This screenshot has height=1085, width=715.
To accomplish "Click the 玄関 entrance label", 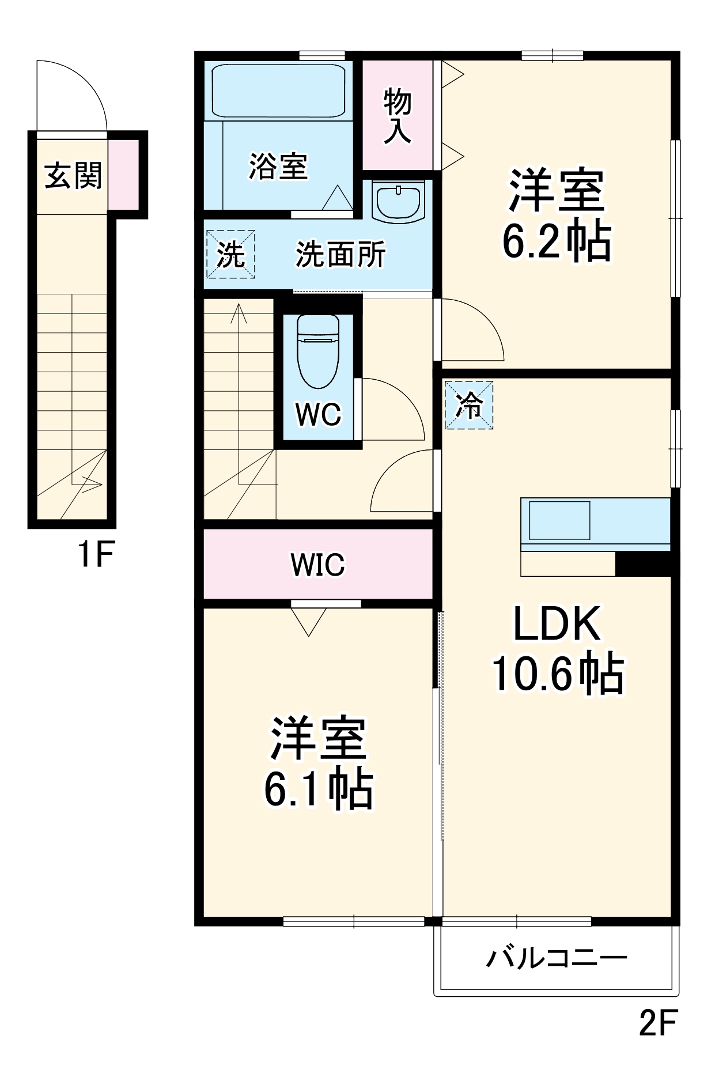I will click(x=73, y=176).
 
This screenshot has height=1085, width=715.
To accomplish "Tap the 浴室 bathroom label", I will click(x=278, y=167).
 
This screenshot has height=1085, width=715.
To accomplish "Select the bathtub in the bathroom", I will click(x=278, y=90).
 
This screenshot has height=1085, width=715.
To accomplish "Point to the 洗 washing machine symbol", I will click(x=230, y=254).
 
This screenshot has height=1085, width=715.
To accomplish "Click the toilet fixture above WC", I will click(x=318, y=351).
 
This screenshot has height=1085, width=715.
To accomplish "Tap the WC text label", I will click(x=318, y=414).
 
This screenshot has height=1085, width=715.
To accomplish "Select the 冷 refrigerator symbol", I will click(x=469, y=404).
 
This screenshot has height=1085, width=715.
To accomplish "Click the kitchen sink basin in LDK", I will click(x=559, y=520).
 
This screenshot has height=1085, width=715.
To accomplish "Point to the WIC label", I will click(x=318, y=564).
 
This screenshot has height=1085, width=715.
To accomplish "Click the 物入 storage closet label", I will click(x=398, y=116).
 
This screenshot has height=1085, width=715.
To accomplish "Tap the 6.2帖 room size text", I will click(x=557, y=241).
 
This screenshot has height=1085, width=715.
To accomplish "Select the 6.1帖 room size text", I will click(x=318, y=789).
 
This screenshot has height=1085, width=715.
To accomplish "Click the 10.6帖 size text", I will click(x=557, y=673).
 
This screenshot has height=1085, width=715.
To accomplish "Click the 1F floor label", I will click(x=96, y=554).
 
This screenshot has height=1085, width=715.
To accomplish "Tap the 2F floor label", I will click(x=658, y=1023).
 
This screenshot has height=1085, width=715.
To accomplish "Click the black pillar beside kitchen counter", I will click(x=643, y=564).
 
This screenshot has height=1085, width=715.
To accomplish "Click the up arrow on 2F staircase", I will click(x=239, y=314).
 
